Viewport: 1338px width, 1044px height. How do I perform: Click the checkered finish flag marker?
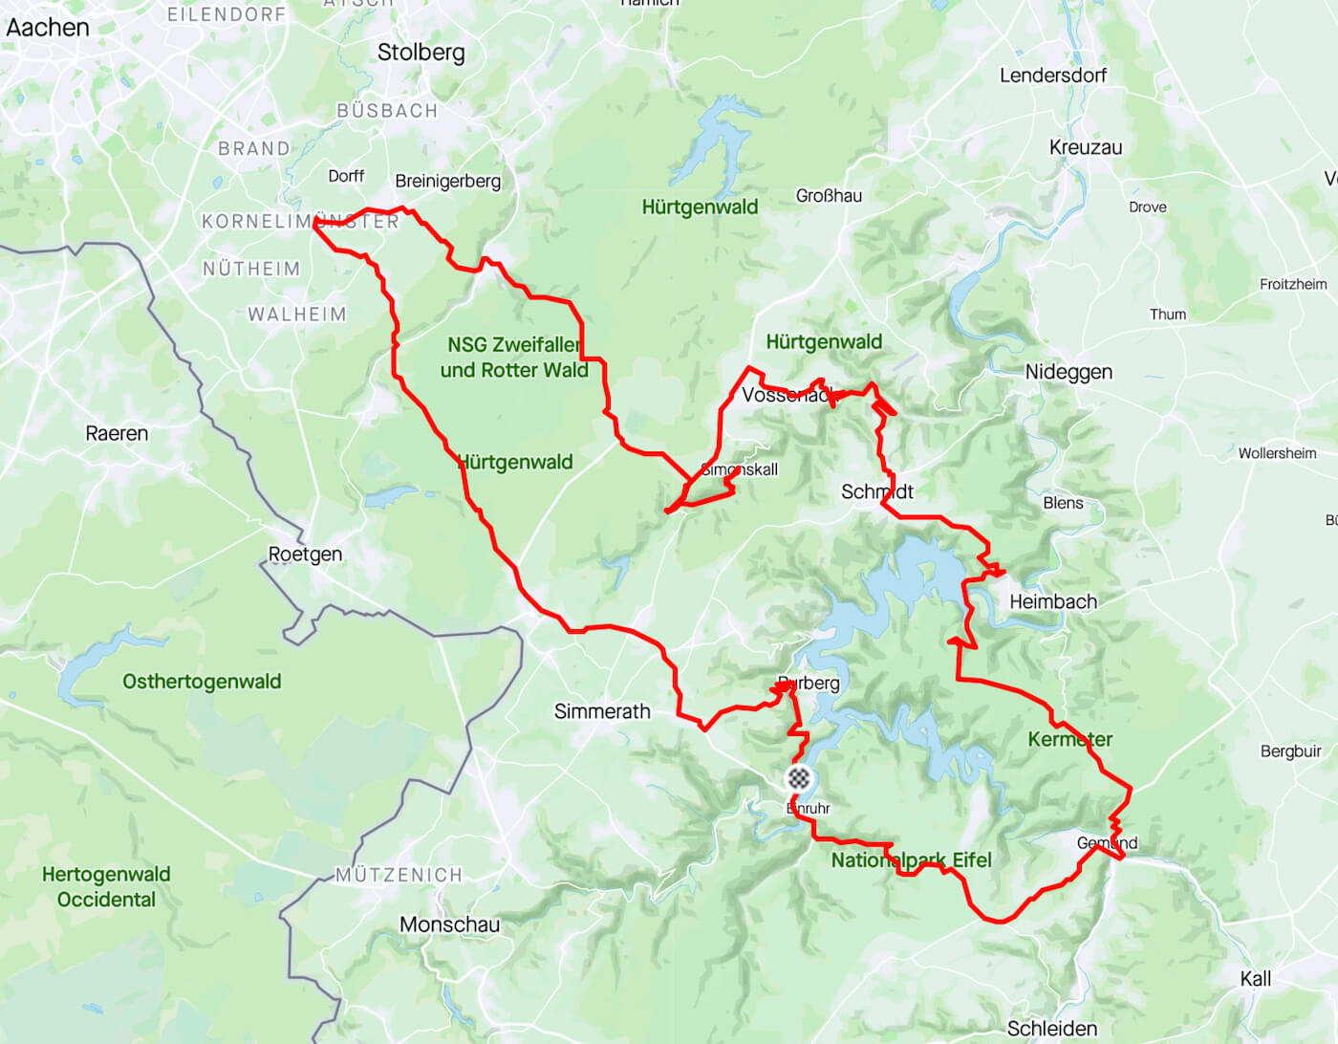799,778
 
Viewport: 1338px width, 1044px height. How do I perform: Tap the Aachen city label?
47,28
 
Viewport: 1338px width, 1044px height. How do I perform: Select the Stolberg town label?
421,53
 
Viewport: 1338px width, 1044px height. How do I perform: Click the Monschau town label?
449,924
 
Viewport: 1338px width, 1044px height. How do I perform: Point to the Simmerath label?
602,711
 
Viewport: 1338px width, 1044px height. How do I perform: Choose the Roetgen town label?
305,555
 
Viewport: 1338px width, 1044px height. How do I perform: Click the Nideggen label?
1068,372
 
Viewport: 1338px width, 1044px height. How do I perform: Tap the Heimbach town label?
1053,601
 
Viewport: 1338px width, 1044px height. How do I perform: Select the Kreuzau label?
1086,147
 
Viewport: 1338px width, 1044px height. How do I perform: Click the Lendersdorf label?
1053,76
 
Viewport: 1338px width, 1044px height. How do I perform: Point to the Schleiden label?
1051,1029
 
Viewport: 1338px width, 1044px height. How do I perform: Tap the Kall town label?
1255,979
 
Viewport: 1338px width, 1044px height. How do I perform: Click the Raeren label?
117,433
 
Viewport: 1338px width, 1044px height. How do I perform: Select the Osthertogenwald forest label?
202,682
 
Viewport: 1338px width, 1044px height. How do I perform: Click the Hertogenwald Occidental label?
106,887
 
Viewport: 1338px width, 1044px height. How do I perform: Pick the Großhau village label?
829,196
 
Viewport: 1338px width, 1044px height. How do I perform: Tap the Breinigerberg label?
447,181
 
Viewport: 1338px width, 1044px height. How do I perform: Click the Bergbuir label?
1290,751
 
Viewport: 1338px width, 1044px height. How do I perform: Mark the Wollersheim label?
1277,453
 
